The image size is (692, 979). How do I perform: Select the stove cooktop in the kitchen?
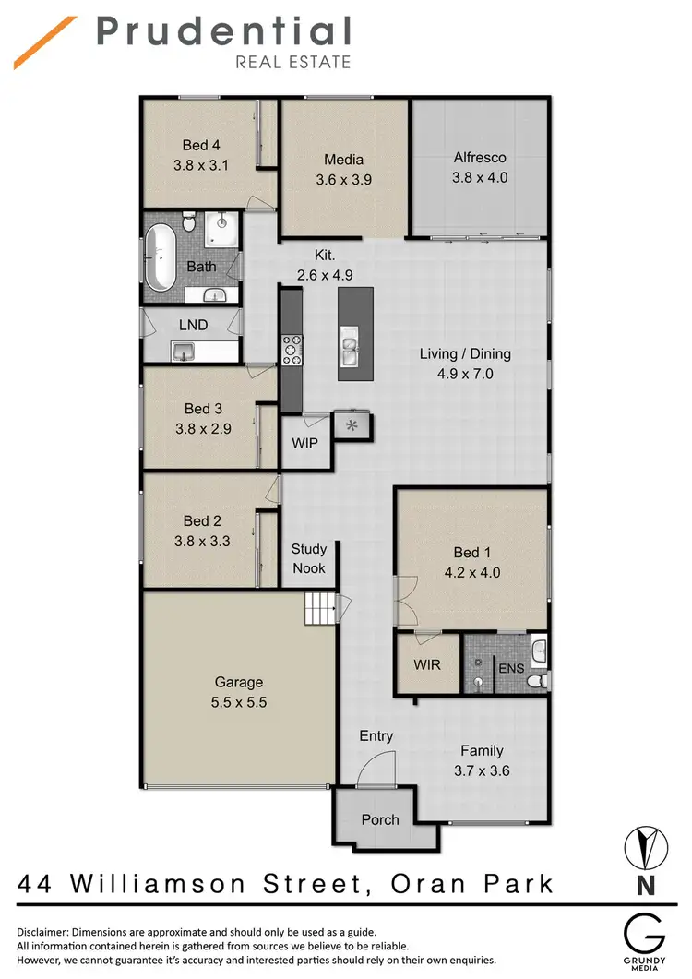pyautogui.click(x=292, y=350)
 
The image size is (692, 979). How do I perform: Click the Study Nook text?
pyautogui.click(x=309, y=558)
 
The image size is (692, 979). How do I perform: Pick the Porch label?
pyautogui.click(x=380, y=819)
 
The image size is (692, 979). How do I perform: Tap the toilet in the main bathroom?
pyautogui.click(x=188, y=223)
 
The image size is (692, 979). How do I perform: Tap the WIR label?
pyautogui.click(x=427, y=664)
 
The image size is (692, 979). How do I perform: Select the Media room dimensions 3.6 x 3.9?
pyautogui.click(x=342, y=180)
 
